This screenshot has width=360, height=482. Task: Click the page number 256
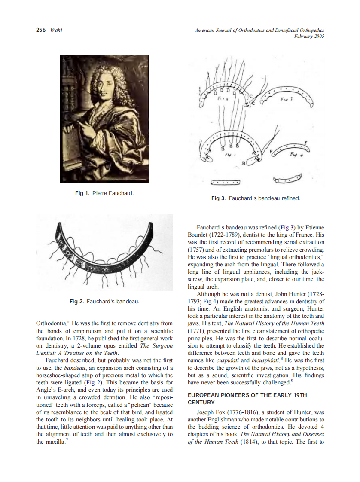(x=41, y=30)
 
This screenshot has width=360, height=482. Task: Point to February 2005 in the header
(x=309, y=37)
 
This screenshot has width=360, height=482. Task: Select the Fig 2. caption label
(x=76, y=302)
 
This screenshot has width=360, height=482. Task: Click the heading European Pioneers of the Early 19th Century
(x=247, y=399)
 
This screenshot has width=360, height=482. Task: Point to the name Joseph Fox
(x=211, y=412)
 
